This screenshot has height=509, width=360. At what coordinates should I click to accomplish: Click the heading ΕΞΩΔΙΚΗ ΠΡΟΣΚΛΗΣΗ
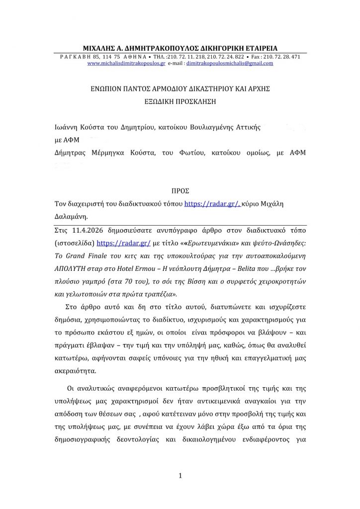[x=180, y=99]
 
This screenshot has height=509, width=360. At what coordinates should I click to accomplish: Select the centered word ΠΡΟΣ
[x=180, y=190]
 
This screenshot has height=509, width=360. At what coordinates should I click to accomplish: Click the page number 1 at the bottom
[x=180, y=476]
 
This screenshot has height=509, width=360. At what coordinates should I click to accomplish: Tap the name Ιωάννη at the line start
[x=68, y=127]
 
